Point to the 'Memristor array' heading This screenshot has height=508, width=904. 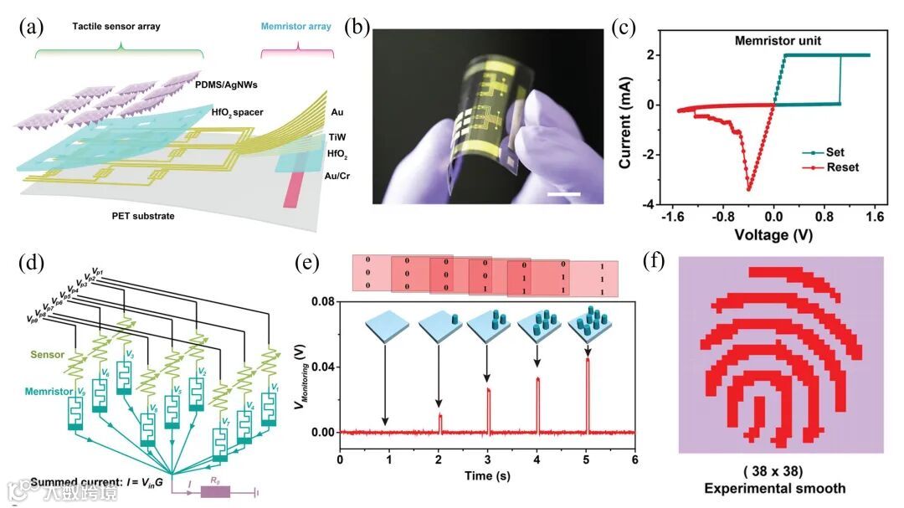(x=297, y=27)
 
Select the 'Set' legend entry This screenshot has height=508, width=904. (x=833, y=152)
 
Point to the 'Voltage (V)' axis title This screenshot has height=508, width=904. (x=774, y=235)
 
